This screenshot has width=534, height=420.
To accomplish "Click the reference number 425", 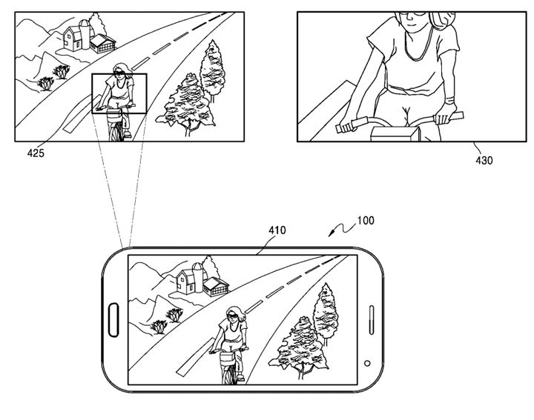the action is [36, 153].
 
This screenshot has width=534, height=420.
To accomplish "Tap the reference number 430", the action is [484, 160].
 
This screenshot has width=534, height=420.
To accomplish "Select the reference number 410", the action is [277, 230].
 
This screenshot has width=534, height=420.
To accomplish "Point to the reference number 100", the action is [366, 221].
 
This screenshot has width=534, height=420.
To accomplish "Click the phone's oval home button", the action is [113, 320].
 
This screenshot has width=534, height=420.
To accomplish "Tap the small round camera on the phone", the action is [367, 363].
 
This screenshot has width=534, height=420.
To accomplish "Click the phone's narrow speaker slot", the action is [372, 320].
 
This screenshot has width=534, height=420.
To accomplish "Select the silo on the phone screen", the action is [198, 277].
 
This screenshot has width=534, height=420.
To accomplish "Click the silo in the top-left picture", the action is [85, 34].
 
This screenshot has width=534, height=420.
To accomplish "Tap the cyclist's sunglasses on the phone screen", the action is [233, 316].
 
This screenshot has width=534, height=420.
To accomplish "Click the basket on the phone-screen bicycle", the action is [227, 358].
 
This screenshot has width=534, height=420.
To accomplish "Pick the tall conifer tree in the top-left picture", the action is [213, 70].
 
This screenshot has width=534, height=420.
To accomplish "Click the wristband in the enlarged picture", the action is [450, 101].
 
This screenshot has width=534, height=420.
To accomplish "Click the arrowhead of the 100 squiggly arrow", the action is [330, 234].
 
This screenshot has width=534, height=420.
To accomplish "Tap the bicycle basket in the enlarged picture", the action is [395, 133].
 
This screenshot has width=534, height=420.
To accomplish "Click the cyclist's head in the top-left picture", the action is [121, 71].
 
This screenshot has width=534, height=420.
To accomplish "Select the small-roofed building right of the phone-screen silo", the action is [216, 287].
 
